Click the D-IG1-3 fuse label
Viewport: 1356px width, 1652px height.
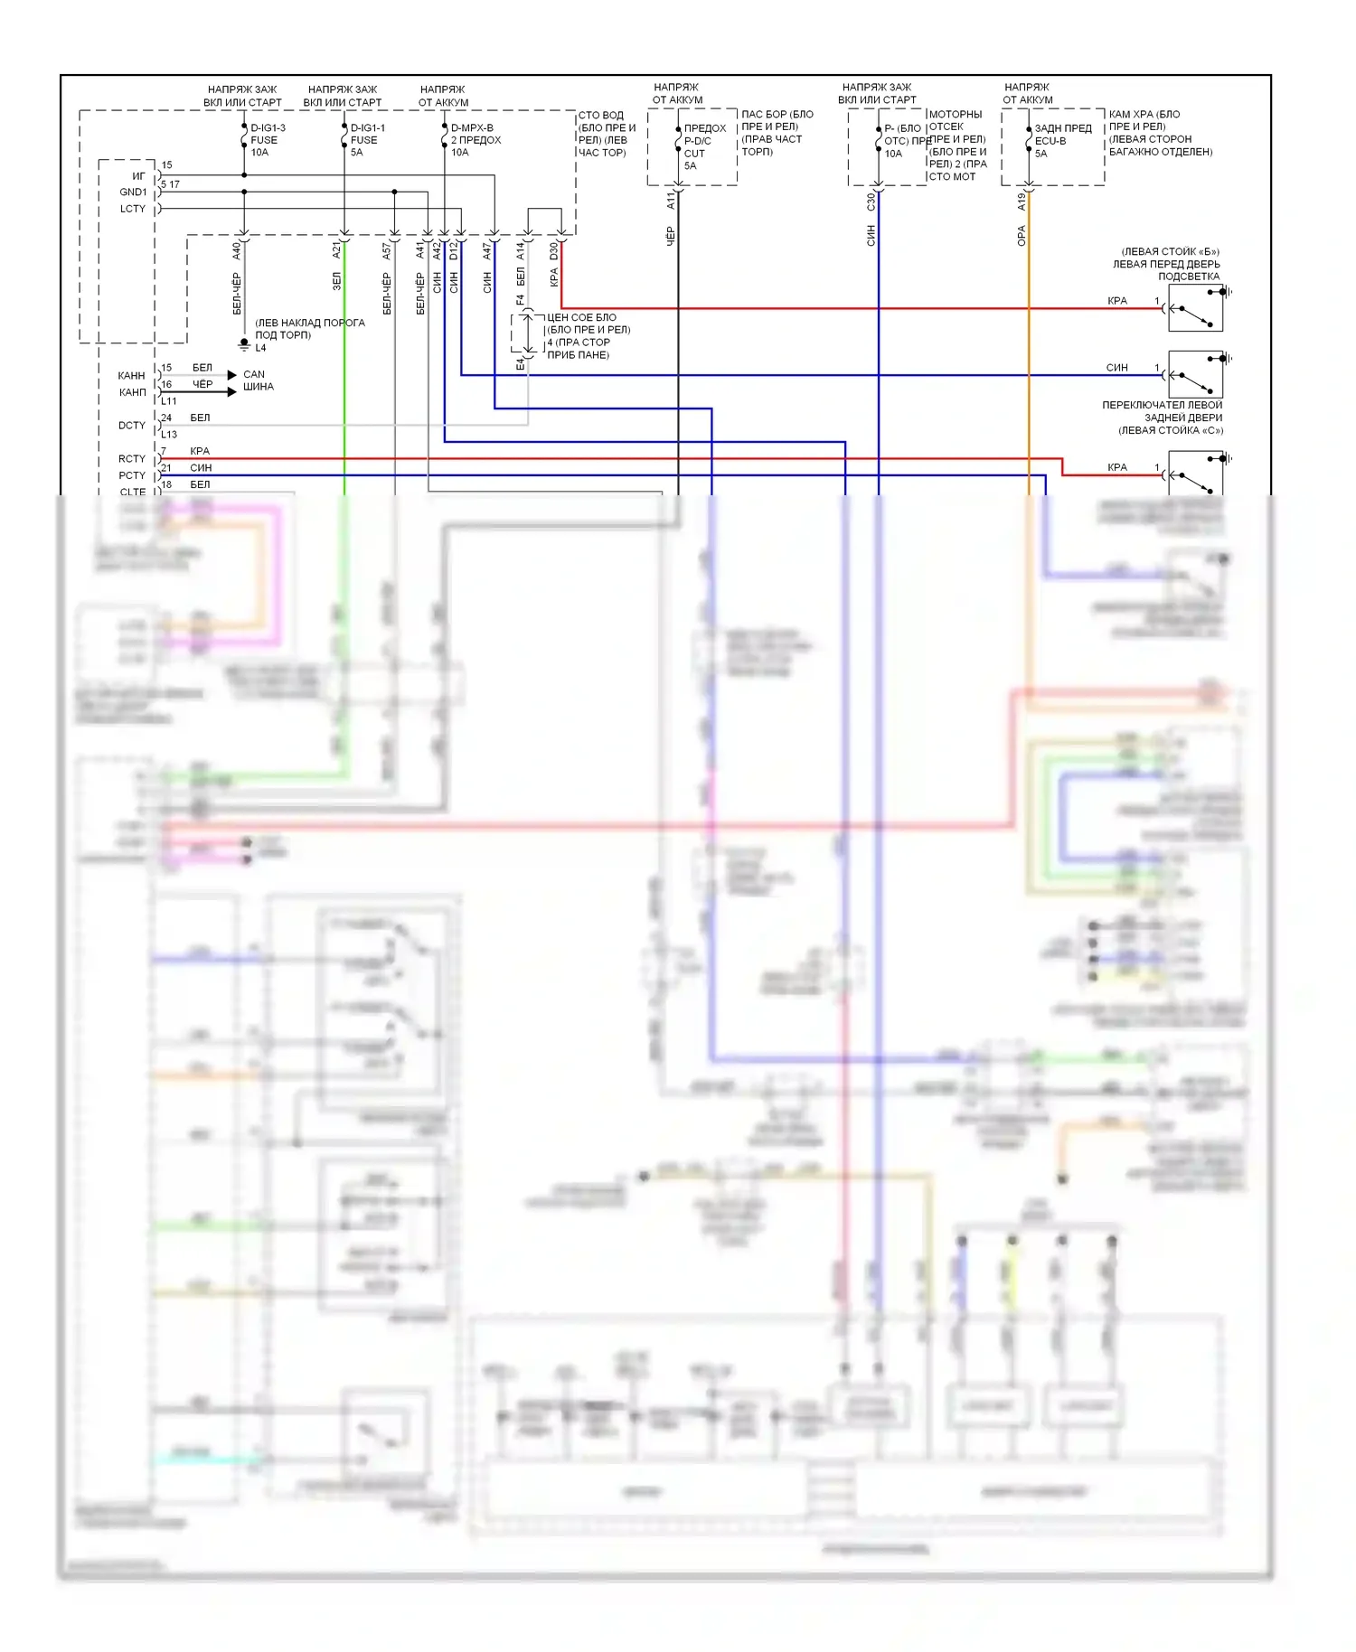(x=268, y=128)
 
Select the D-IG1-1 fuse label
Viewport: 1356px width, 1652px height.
(x=367, y=128)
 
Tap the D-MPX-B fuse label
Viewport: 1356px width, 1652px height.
(x=472, y=128)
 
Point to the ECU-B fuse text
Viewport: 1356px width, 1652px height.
(x=1050, y=141)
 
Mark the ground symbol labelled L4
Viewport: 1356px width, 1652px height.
(x=244, y=345)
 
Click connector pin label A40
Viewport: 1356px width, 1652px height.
(x=237, y=250)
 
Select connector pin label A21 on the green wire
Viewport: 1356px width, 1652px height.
(x=336, y=250)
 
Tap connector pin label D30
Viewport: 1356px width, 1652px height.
(x=554, y=250)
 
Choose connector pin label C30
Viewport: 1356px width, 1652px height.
(x=871, y=202)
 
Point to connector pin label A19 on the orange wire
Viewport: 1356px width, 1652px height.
(x=1022, y=202)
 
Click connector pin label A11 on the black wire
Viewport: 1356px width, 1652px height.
(x=671, y=201)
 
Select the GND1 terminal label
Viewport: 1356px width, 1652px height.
(x=133, y=192)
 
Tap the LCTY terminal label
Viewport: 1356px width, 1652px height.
(x=133, y=209)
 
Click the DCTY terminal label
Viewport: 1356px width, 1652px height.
(x=132, y=426)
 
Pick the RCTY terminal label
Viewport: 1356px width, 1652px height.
(x=132, y=459)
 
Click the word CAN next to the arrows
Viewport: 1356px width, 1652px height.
(x=254, y=374)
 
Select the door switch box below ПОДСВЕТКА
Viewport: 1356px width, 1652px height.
(x=1195, y=308)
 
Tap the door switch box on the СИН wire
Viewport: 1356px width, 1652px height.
(x=1195, y=375)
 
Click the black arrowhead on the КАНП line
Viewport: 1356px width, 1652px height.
(x=232, y=391)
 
